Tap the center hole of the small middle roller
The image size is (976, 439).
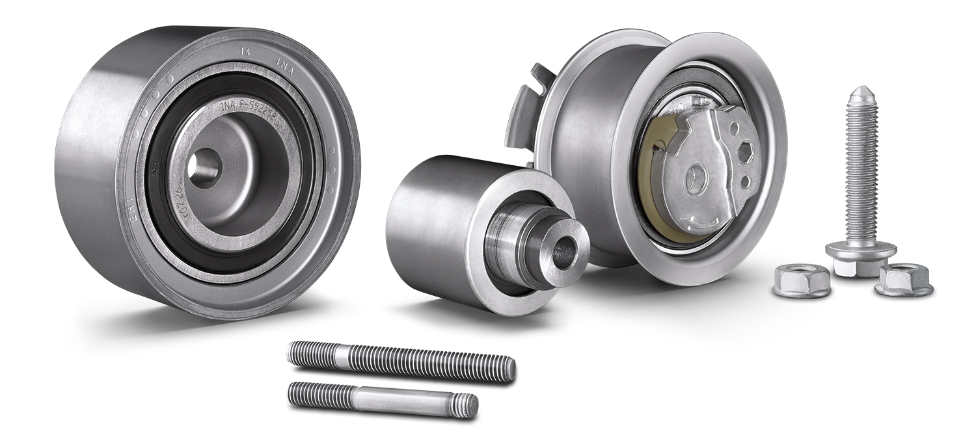point(562,250)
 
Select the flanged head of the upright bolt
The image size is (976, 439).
point(860,253)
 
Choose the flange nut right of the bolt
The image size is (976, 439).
point(904,280)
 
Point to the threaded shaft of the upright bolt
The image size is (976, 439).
point(861,169)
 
